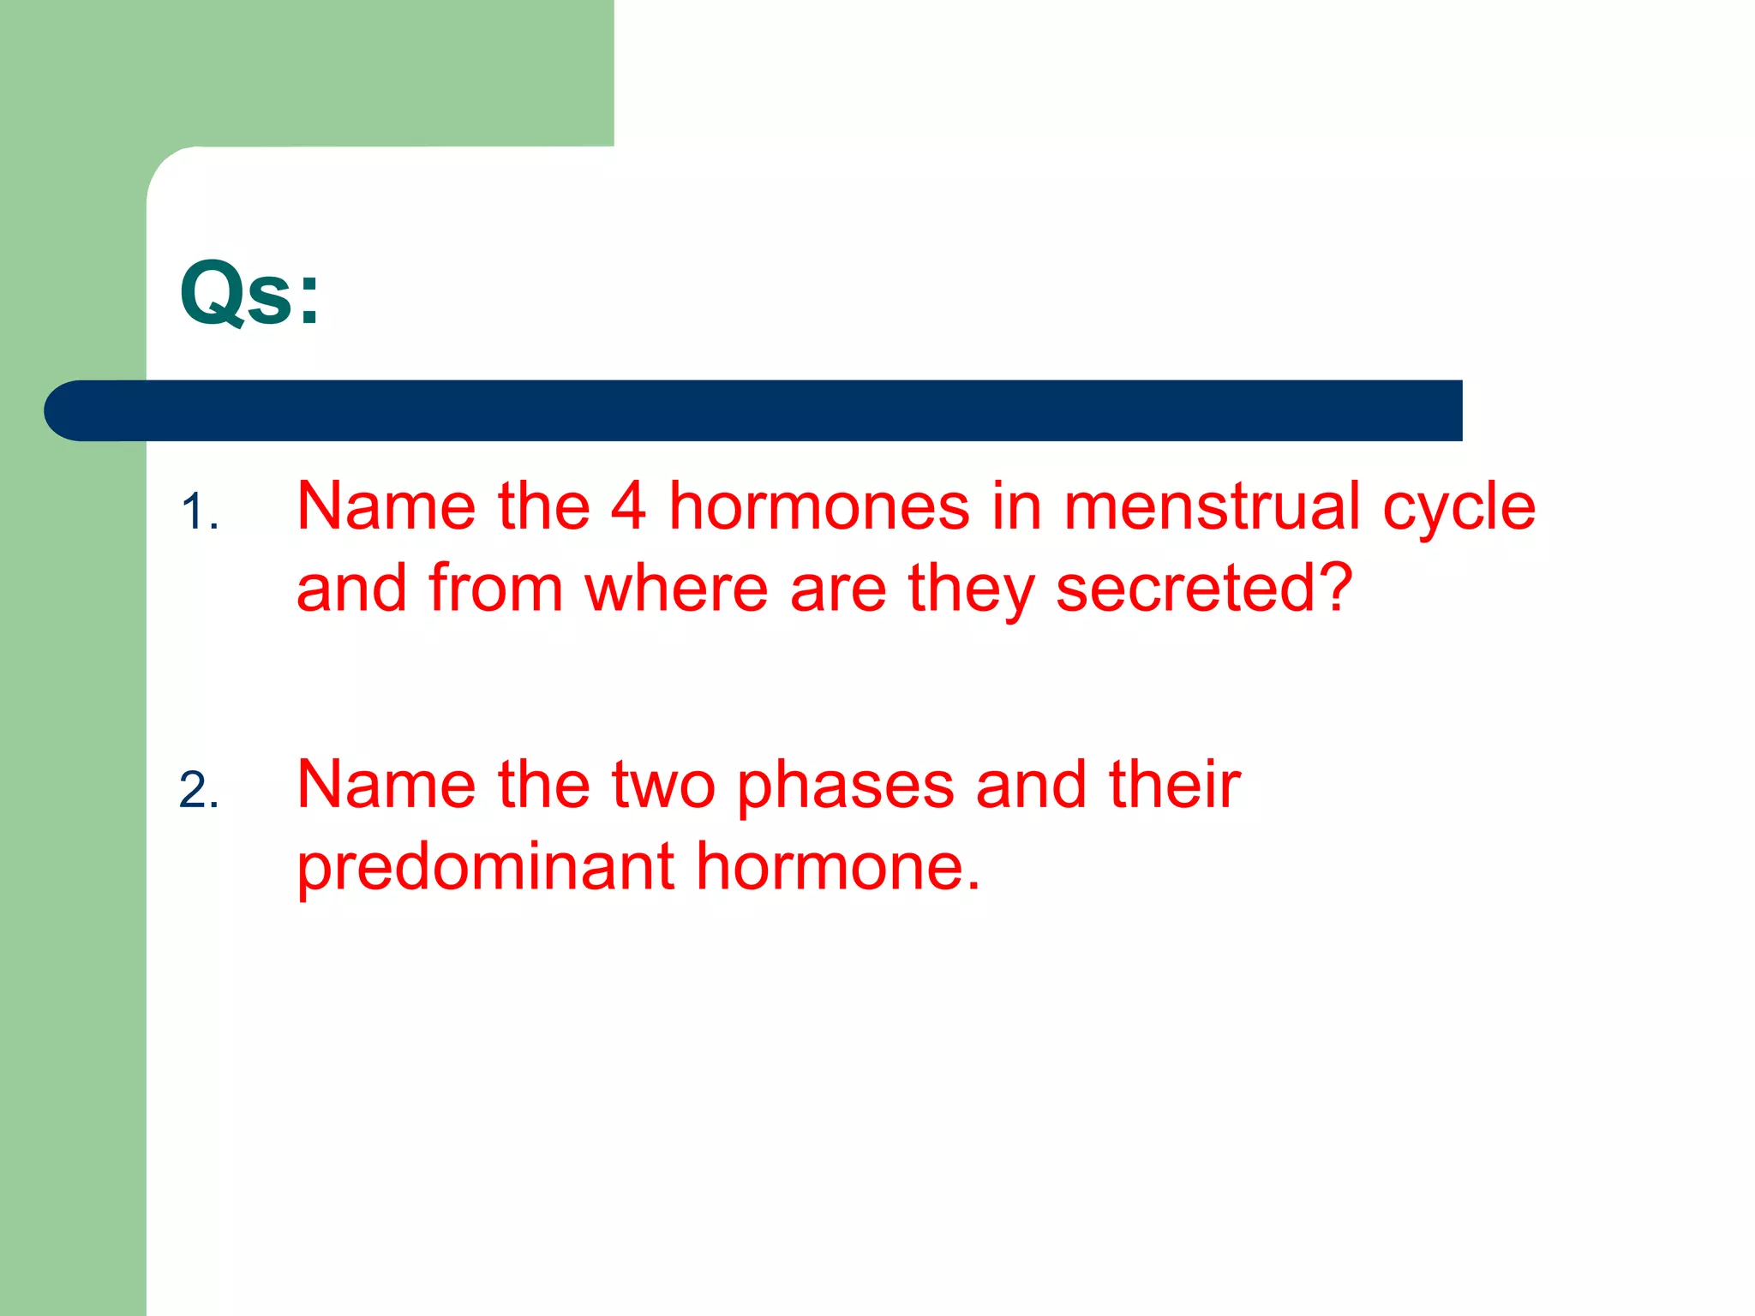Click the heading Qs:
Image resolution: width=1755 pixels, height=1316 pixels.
[249, 293]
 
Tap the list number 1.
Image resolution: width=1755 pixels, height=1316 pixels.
[200, 513]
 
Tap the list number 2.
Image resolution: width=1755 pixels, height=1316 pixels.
[199, 791]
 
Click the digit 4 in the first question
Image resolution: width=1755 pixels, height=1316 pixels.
[628, 506]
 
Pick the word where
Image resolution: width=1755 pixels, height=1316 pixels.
[676, 589]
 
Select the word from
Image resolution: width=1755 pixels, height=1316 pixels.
[495, 589]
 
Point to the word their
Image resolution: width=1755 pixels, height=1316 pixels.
[1174, 784]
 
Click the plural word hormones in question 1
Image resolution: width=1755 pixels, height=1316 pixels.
[818, 506]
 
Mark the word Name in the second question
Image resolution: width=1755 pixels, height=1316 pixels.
[386, 784]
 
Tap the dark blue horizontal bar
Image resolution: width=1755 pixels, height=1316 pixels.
[754, 410]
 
